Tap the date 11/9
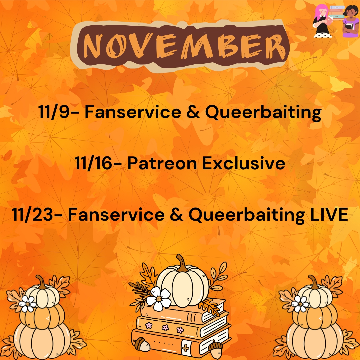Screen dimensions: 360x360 click(54, 112)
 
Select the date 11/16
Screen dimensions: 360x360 click(93, 163)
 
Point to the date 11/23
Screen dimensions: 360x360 click(32, 214)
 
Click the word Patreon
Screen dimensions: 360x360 click(162, 163)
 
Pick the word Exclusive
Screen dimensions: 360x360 click(244, 163)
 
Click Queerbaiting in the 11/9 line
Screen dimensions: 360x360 click(263, 113)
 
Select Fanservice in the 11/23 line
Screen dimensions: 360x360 click(116, 214)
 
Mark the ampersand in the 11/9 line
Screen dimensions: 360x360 click(193, 112)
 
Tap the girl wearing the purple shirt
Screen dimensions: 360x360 click(351, 21)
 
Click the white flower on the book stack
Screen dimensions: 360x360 click(159, 298)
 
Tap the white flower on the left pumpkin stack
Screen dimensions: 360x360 click(28, 304)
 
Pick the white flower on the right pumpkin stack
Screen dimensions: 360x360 click(300, 304)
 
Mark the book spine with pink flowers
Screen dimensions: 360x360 click(169, 327)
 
